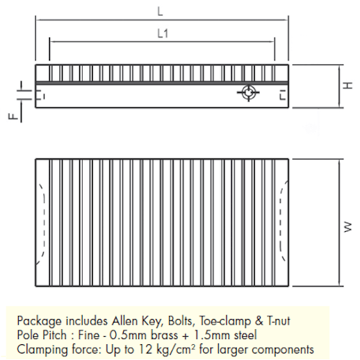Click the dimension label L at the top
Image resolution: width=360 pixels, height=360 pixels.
(x=160, y=12)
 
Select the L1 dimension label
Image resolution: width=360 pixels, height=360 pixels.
(x=163, y=33)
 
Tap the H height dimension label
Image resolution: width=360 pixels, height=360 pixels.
(x=348, y=86)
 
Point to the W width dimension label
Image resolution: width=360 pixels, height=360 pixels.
(x=348, y=227)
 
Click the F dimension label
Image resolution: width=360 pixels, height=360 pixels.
(x=13, y=117)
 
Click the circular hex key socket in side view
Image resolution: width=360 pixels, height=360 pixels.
(x=248, y=92)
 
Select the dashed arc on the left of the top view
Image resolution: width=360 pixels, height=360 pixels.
(x=42, y=224)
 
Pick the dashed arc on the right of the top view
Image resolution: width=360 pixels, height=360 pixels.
(x=283, y=220)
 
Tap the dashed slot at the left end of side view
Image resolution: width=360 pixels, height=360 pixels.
(x=40, y=95)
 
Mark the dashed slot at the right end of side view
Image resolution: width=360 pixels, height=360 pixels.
(x=284, y=94)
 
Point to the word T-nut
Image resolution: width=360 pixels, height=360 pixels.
(x=278, y=321)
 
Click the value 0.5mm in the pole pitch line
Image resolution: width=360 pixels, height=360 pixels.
(x=127, y=335)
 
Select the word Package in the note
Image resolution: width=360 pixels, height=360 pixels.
(x=40, y=322)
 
